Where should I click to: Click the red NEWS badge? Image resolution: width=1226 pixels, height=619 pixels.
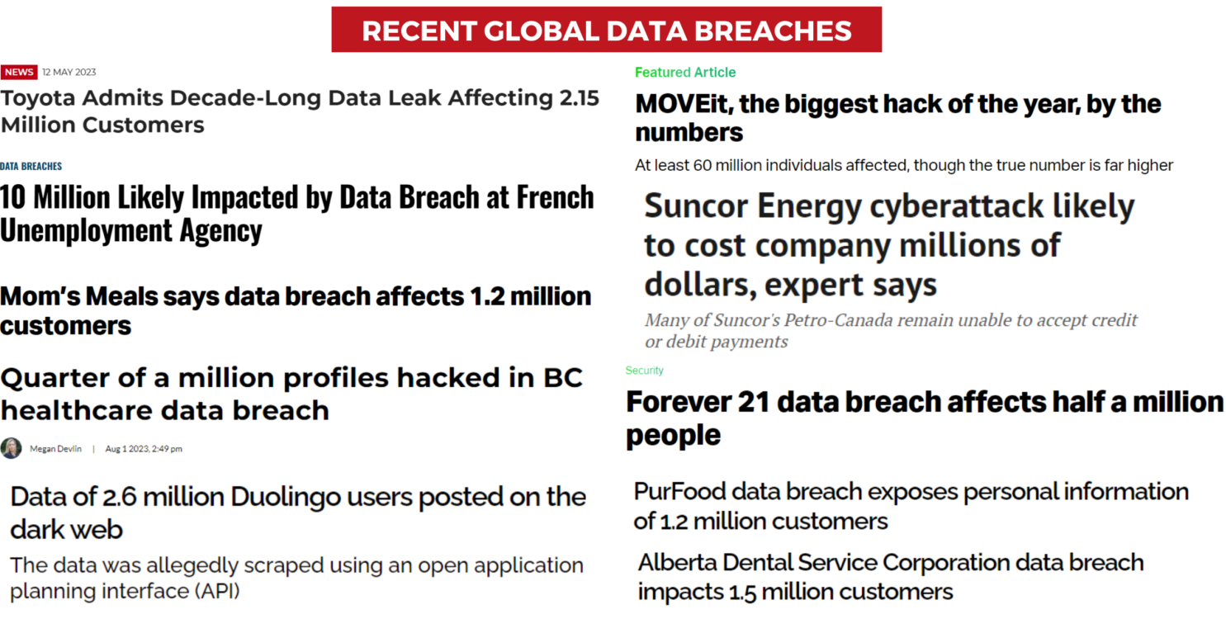pyautogui.click(x=19, y=73)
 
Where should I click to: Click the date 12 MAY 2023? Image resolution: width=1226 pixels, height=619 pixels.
pyautogui.click(x=69, y=73)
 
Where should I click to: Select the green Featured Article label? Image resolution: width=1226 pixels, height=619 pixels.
pyautogui.click(x=685, y=73)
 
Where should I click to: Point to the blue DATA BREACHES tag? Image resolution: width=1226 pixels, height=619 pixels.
pyautogui.click(x=31, y=166)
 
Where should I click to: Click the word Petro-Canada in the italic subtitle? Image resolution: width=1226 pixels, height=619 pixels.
pyautogui.click(x=842, y=321)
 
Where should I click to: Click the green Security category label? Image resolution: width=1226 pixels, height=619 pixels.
pyautogui.click(x=644, y=371)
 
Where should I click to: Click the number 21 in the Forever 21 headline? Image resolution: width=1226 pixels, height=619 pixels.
pyautogui.click(x=753, y=402)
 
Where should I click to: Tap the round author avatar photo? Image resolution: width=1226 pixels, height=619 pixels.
pyautogui.click(x=11, y=448)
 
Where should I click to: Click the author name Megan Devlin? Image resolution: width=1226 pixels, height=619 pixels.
pyautogui.click(x=55, y=449)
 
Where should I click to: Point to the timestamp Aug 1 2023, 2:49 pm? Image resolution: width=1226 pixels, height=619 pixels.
pyautogui.click(x=144, y=449)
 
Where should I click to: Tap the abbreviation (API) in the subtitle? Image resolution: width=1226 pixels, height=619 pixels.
pyautogui.click(x=217, y=592)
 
